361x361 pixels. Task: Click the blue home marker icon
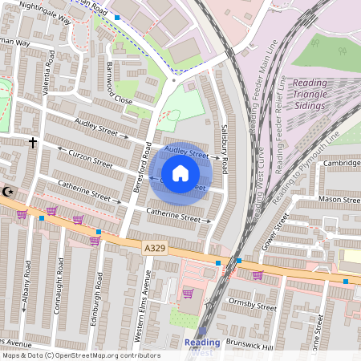tap(180, 173)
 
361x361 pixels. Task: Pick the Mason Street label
tap(339, 198)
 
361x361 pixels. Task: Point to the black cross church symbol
tap(33, 143)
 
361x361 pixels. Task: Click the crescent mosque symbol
tap(10, 191)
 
